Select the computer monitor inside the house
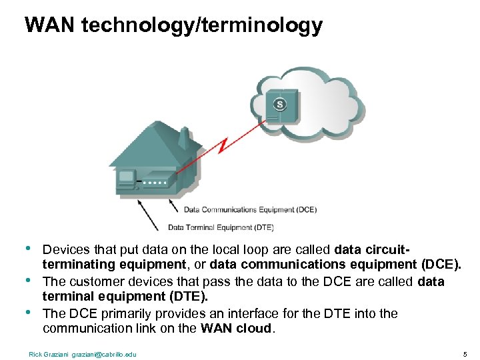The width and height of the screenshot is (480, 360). [x=127, y=179]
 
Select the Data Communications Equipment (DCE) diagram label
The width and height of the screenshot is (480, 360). [x=250, y=209]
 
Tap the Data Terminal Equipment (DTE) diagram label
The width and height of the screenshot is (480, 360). [x=221, y=227]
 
